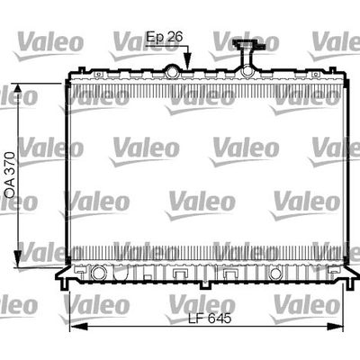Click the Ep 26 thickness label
tap(166, 37)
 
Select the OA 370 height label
tap(9, 173)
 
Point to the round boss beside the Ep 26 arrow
tap(170, 70)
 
